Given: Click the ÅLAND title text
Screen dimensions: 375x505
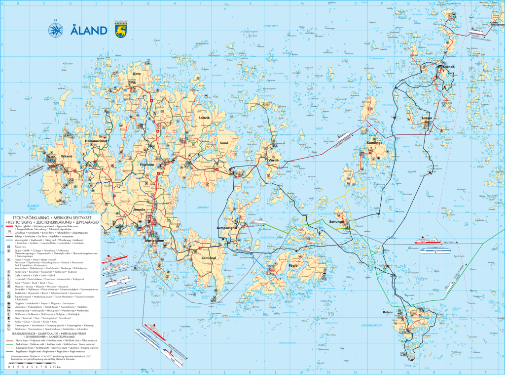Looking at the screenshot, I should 89,31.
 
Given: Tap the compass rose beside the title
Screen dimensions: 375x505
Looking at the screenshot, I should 56,30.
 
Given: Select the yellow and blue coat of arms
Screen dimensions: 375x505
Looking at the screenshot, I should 120,29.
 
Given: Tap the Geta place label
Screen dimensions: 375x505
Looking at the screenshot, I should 137,74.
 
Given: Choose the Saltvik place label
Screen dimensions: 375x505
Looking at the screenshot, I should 204,118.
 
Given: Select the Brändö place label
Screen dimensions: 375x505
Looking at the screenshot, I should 448,66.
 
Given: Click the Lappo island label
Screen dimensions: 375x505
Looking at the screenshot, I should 428,118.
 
